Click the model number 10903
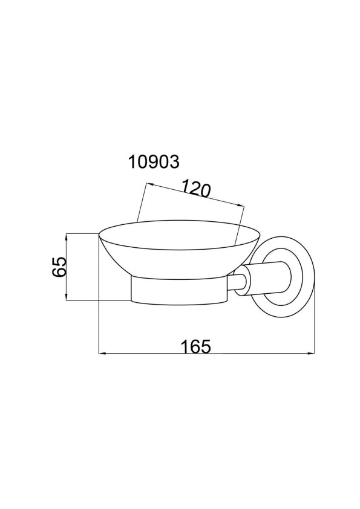[x=154, y=161]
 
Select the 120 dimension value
[x=196, y=189]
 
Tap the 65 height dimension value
[x=59, y=267]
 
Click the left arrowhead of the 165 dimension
[x=101, y=353]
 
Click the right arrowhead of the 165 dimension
[x=312, y=353]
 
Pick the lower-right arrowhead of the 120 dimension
[x=241, y=204]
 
